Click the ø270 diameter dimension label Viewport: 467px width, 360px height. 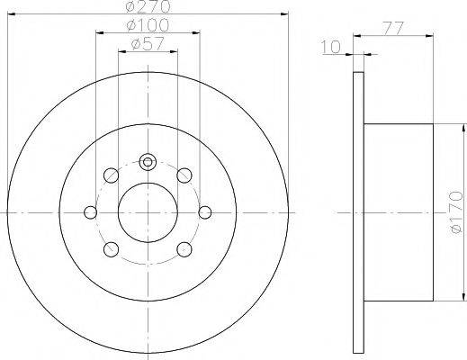pos(148,6)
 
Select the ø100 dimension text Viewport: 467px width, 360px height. pos(148,26)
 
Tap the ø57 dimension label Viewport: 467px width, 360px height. pos(148,44)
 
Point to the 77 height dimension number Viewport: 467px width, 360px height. pos(394,29)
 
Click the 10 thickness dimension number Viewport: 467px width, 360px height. pos(331,47)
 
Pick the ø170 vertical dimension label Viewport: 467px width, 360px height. pos(457,212)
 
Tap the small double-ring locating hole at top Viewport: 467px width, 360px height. pos(148,162)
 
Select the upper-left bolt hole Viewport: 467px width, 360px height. pos(111,175)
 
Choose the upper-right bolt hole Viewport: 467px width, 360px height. pos(184,175)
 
